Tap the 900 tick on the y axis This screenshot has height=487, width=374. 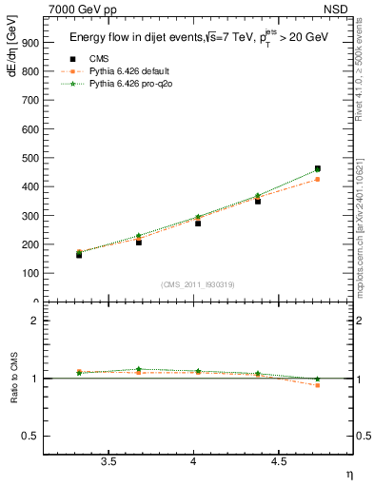coord(30,42)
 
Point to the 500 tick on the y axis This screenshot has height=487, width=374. coord(30,158)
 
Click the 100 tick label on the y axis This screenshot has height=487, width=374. coord(30,273)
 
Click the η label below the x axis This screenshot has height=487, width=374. coord(348,474)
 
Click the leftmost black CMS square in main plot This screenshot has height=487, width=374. coord(79,255)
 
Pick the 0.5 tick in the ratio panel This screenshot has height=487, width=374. coord(30,436)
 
